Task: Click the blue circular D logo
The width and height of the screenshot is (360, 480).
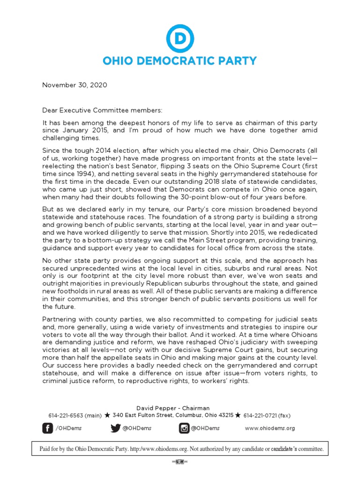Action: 180,37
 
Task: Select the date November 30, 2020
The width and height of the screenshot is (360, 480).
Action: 75,85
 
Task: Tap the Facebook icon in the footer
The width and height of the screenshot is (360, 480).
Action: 48,427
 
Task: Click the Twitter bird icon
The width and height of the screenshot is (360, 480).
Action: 115,427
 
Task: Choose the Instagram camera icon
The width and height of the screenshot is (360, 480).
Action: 185,427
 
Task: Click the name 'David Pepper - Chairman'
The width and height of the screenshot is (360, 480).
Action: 180,408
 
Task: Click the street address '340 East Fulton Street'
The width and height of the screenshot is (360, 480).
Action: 143,415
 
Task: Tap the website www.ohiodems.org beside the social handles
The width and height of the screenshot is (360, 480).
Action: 270,428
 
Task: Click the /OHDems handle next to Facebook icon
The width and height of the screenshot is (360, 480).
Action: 67,428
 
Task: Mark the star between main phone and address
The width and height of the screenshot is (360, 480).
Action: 107,415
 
